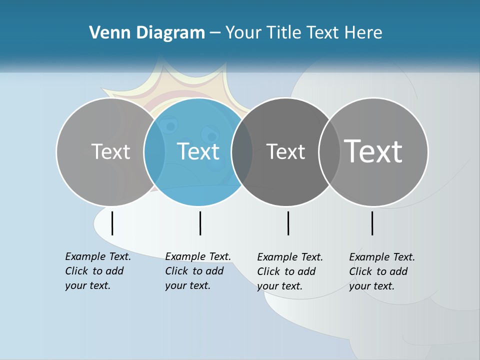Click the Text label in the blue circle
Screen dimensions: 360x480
pyautogui.click(x=198, y=151)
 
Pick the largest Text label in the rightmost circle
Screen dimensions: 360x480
pyautogui.click(x=373, y=151)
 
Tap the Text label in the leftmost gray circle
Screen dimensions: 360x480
pyautogui.click(x=110, y=151)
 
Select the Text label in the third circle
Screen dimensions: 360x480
pyautogui.click(x=285, y=151)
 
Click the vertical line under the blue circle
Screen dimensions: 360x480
pyautogui.click(x=200, y=223)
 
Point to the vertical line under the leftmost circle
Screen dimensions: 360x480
pyautogui.click(x=112, y=223)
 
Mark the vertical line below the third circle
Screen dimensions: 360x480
pyautogui.click(x=288, y=223)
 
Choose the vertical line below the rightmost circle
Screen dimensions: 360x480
pyautogui.click(x=372, y=223)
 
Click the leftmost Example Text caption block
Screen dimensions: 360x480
pyautogui.click(x=98, y=271)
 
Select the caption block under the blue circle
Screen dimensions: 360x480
pyautogui.click(x=198, y=271)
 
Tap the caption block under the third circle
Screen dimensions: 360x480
pyautogui.click(x=290, y=271)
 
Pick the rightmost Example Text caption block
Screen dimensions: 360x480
pyautogui.click(x=382, y=271)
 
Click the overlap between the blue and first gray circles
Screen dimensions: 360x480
pyautogui.click(x=154, y=151)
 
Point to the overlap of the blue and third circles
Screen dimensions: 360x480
pyautogui.click(x=242, y=151)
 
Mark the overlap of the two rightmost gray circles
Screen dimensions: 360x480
pyautogui.click(x=329, y=151)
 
